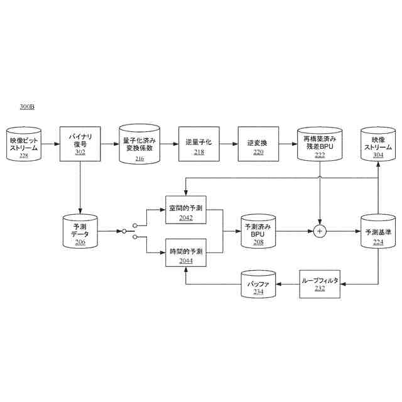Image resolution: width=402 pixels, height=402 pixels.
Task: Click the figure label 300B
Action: point(27,107)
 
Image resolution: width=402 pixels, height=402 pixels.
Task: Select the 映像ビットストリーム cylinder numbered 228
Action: point(24,144)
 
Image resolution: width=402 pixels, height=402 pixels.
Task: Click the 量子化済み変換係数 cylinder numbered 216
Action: point(139,144)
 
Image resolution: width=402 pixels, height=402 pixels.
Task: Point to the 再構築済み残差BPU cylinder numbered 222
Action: point(319,144)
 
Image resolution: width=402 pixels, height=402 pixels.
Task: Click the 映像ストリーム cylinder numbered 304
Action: point(378,144)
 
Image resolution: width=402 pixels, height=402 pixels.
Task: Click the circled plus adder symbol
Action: point(319,231)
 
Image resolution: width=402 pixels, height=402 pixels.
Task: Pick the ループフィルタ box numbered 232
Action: point(319,284)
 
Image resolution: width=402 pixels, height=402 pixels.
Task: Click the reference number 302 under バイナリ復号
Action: point(80,151)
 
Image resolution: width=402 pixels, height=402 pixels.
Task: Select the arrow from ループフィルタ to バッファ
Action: point(288,284)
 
